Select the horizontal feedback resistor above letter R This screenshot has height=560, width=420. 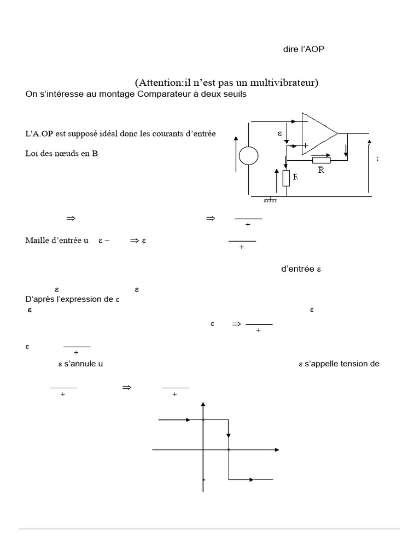pyautogui.click(x=321, y=160)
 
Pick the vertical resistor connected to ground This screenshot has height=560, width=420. pyautogui.click(x=285, y=178)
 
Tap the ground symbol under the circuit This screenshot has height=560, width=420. pyautogui.click(x=270, y=200)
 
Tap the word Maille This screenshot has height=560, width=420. pyautogui.click(x=38, y=240)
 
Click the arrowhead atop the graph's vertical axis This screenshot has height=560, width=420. pyautogui.click(x=203, y=405)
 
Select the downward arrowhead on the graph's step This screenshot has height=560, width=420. pyautogui.click(x=229, y=435)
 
